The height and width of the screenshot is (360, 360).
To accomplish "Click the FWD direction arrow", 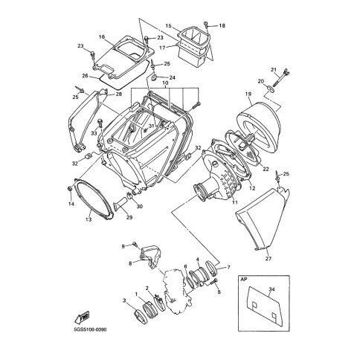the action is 82,317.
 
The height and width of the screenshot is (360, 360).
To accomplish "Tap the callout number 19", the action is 248,94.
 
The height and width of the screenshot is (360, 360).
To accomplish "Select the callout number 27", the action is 269,259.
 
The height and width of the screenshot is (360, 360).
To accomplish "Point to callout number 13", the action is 89,219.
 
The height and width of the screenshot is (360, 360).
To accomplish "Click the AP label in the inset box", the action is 244,279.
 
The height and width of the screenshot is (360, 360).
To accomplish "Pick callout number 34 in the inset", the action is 271,289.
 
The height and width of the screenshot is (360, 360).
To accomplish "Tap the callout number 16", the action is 102,37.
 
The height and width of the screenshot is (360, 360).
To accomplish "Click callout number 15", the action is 168,25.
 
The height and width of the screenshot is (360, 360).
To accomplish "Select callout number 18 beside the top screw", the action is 222,25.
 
